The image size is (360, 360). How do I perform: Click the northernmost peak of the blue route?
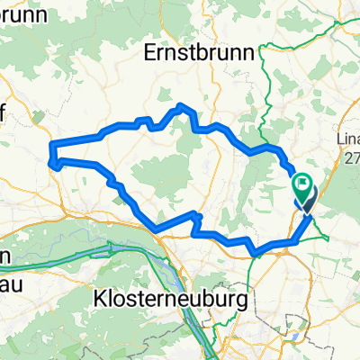coord(183,106)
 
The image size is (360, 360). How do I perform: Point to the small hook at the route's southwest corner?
coord(58,163)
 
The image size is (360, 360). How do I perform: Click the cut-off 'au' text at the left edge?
coord(11,278)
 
